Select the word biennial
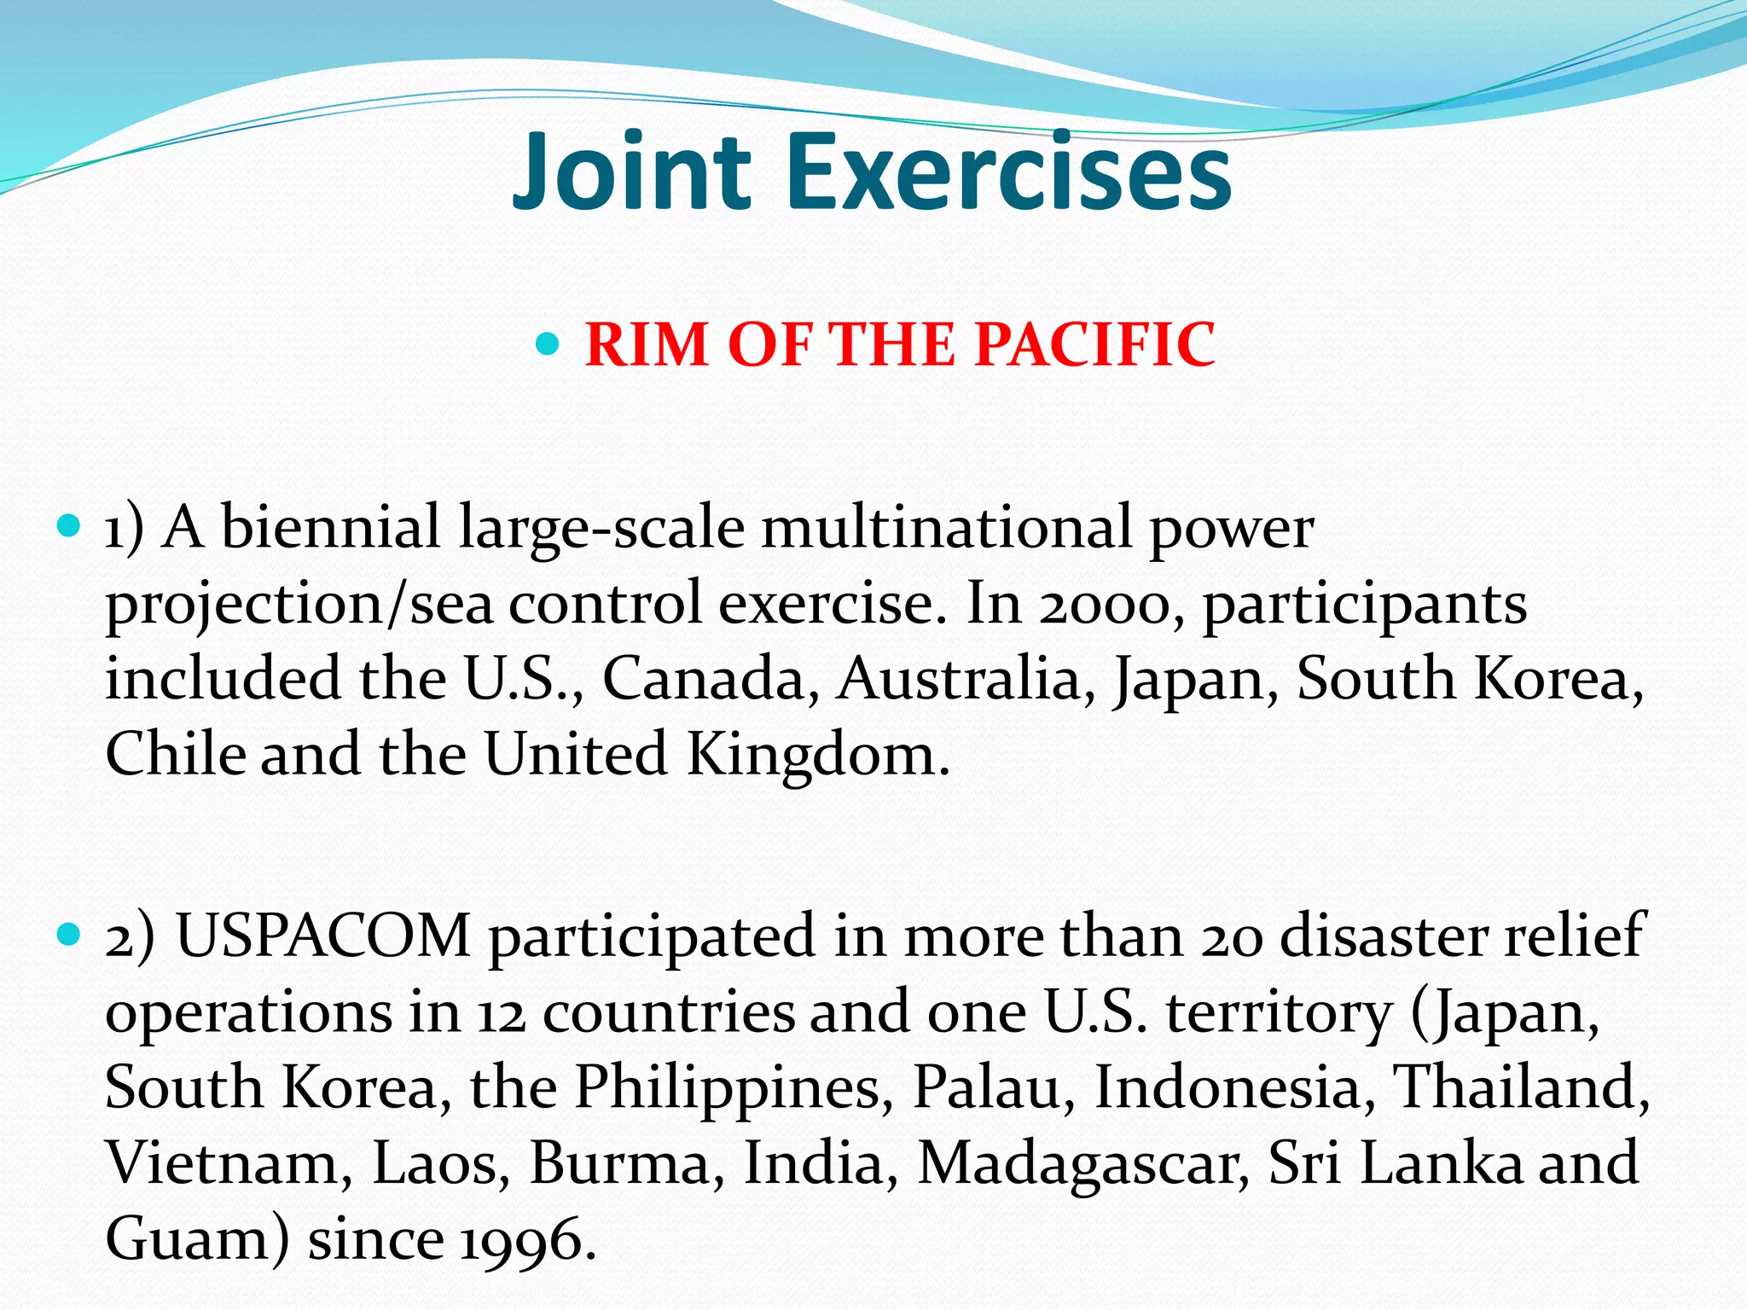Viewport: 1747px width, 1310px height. point(331,527)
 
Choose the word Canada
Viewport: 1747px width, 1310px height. point(705,679)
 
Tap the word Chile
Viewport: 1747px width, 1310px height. point(176,754)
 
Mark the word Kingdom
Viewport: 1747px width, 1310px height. point(816,756)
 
